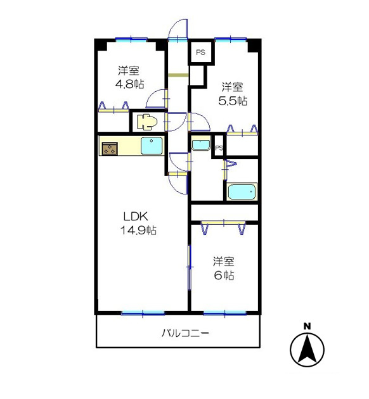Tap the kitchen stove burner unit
click(109, 149)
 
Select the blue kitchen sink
click(152, 146)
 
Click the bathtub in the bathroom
click(242, 192)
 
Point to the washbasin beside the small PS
click(201, 144)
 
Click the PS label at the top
click(201, 53)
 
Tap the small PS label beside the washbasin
click(219, 148)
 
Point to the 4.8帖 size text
click(129, 83)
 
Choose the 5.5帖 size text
click(233, 100)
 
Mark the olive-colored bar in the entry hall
click(179, 77)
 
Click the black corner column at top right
click(254, 46)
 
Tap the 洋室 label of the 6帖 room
click(224, 261)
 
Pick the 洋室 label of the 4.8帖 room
click(129, 70)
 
